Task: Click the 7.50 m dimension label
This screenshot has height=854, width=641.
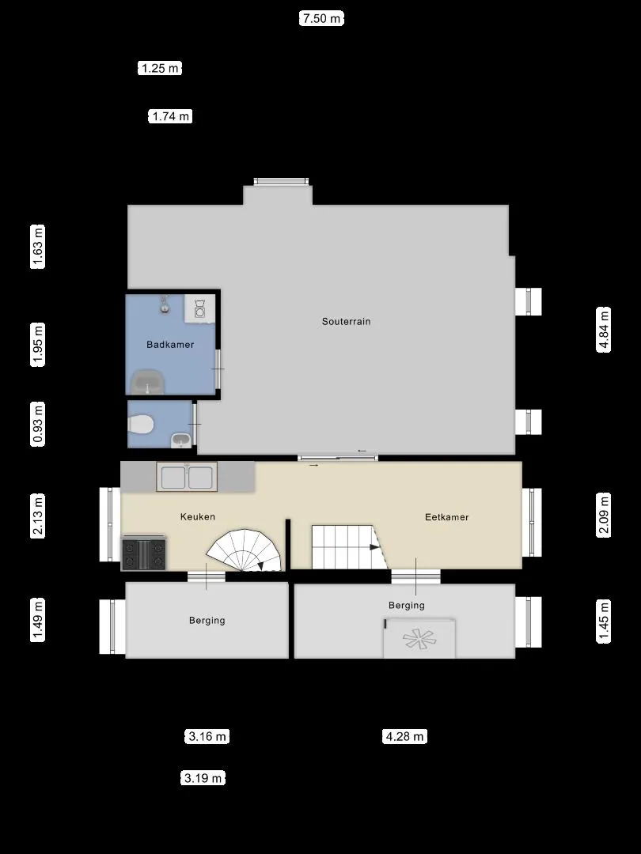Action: [321, 18]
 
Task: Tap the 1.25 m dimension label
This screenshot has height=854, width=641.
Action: [159, 68]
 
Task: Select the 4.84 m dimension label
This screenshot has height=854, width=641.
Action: [603, 330]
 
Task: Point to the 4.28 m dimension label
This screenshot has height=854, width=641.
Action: [404, 736]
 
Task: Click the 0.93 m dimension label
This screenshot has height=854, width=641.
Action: [38, 425]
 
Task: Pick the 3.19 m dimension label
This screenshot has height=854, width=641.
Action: [203, 778]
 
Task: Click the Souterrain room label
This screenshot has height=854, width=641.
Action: [346, 321]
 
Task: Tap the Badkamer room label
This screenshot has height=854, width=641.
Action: [170, 344]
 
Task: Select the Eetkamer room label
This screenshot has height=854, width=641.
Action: [447, 517]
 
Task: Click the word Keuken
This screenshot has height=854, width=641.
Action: [197, 516]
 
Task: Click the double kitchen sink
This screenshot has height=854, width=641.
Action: [187, 477]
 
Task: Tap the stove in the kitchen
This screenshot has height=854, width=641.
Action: [144, 553]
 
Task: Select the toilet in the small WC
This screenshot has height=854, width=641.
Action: [139, 425]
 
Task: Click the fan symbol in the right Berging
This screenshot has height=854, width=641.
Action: [419, 639]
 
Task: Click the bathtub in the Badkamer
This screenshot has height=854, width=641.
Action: [148, 381]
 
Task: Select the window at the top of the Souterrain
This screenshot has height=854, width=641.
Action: [281, 181]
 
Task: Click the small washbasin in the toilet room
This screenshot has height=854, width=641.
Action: [181, 440]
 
